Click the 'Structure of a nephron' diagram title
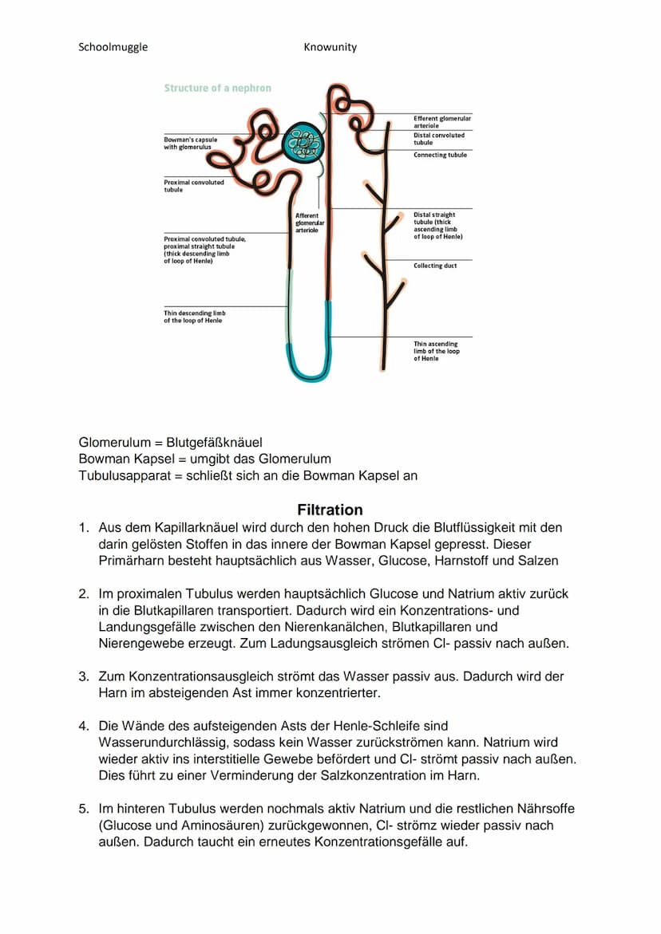pos(217,88)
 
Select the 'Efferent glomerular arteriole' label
pos(441,121)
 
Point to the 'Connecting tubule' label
pos(440,155)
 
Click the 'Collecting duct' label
pos(435,266)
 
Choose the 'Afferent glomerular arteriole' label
pos(310,223)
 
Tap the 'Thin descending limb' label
pos(194,317)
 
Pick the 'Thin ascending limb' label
pos(436,351)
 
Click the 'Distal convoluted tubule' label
pos(438,139)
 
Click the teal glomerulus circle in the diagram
pos(304,144)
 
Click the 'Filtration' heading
pos(330,510)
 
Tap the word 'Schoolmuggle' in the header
pos(113,47)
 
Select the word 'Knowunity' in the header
pos(330,47)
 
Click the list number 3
pos(83,676)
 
